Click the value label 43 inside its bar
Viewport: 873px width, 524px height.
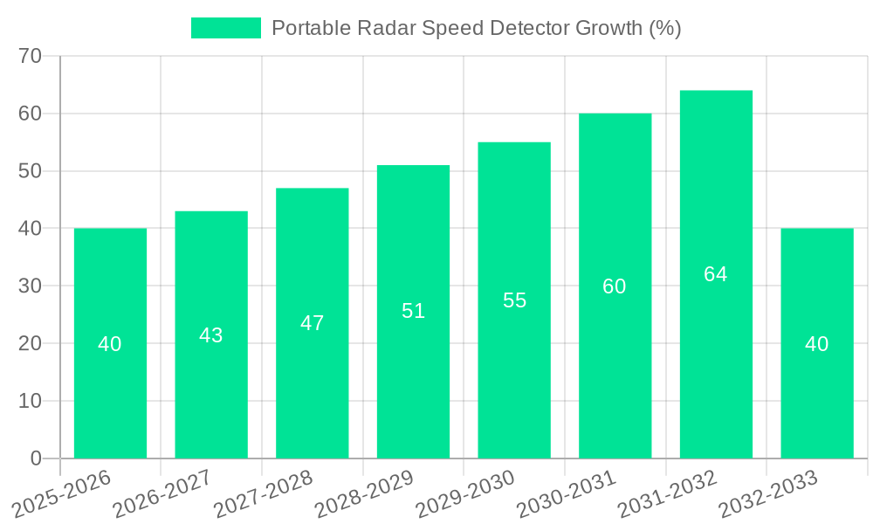211,335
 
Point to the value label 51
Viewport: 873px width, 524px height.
413,311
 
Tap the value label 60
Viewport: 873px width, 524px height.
615,286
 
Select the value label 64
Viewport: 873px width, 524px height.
716,274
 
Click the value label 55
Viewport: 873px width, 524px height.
514,300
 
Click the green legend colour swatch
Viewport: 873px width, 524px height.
226,28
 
